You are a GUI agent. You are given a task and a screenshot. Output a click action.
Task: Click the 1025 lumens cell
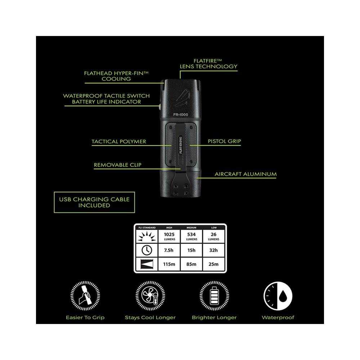170,236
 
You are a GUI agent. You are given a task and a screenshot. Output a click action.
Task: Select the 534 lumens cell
192,236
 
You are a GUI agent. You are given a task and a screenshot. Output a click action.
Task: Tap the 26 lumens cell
213,236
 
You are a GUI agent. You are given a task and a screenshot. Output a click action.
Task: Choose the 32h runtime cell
213,250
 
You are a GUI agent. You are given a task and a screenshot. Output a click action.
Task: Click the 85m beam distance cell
192,264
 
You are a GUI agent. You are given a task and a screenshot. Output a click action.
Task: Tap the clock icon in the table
147,250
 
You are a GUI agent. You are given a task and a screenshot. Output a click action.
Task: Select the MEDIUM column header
192,228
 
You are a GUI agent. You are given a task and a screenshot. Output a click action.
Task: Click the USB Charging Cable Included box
94,202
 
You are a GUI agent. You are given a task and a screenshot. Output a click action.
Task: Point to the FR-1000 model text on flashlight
181,114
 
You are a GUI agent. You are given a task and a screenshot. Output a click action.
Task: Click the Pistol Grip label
224,141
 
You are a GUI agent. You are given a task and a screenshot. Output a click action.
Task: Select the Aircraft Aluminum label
246,174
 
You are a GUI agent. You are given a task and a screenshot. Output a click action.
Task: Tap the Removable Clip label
118,165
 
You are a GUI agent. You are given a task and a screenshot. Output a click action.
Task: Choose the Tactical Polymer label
119,141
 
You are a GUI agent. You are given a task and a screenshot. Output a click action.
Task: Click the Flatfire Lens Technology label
208,64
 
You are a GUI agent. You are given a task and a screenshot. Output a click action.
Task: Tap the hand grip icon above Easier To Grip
85,296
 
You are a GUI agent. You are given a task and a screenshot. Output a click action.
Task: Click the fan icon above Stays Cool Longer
150,296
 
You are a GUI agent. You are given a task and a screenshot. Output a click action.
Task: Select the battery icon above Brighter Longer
214,296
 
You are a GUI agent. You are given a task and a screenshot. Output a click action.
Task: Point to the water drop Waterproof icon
278,296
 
